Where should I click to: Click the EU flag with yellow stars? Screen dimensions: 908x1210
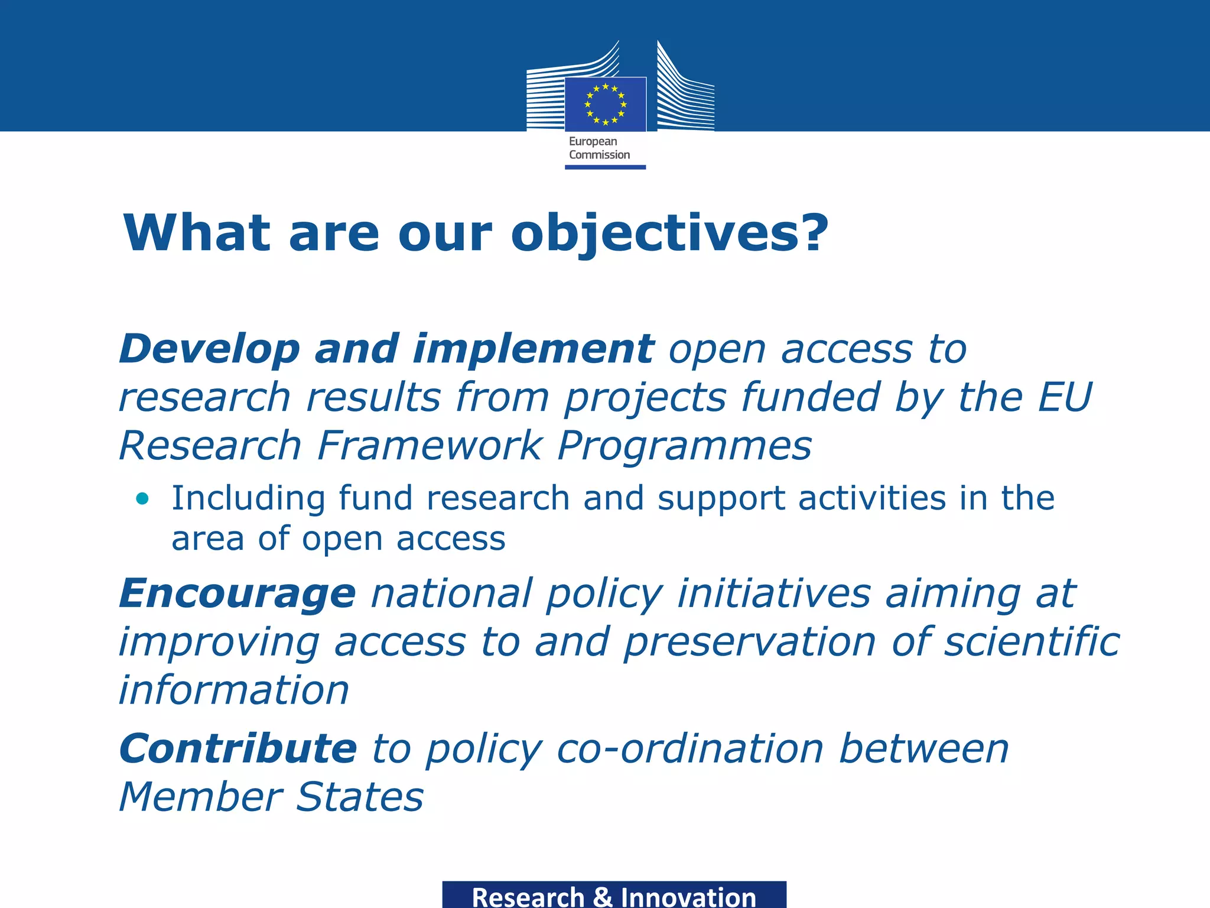(x=605, y=105)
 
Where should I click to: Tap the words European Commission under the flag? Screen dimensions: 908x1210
(x=599, y=148)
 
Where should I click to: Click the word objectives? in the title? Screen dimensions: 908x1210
(x=669, y=233)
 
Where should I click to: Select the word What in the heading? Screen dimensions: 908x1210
(x=196, y=233)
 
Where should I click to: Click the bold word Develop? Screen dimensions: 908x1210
(x=210, y=349)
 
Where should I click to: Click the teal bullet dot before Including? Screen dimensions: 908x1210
(x=142, y=498)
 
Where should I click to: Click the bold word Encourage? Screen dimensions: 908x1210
(x=238, y=594)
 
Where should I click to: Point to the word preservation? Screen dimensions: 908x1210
(x=750, y=642)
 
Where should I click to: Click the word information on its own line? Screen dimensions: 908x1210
(x=234, y=690)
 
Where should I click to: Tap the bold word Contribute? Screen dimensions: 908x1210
(x=238, y=749)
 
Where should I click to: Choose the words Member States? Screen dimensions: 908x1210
(x=271, y=797)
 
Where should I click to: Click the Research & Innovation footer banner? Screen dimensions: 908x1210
(x=614, y=895)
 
